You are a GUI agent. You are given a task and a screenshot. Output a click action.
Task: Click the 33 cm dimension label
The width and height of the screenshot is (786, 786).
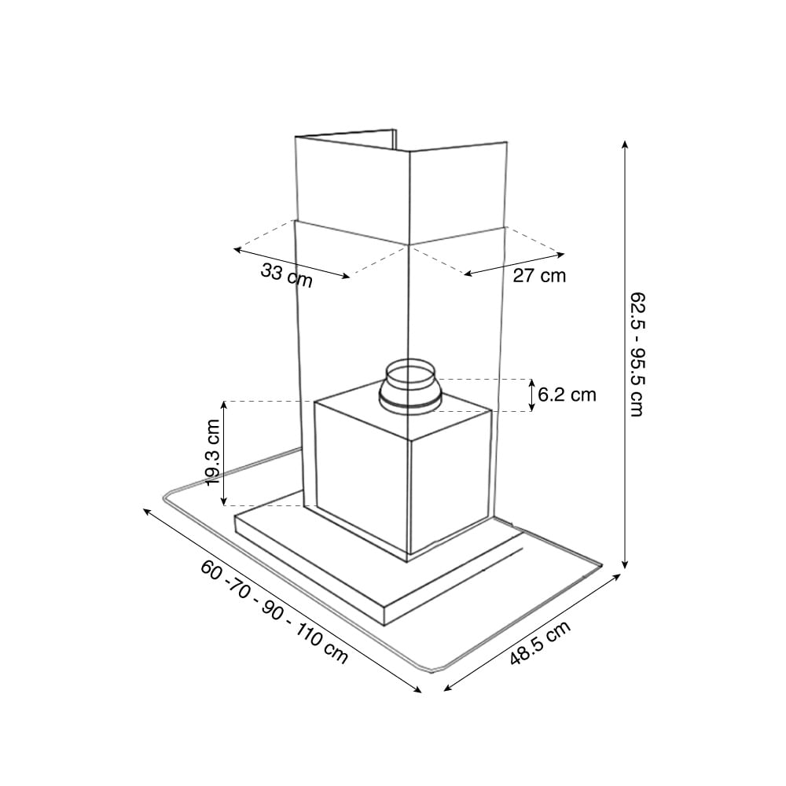pos(287,276)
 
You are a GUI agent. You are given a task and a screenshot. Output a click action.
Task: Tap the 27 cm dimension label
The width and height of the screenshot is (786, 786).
pos(539,276)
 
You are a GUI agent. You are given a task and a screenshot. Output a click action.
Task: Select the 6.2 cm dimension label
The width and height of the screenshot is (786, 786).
pos(567,395)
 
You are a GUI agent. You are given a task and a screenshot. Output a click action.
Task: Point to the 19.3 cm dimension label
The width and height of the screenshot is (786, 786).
pos(213,452)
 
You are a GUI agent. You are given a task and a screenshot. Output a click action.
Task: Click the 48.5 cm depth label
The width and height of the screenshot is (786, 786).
pos(541,643)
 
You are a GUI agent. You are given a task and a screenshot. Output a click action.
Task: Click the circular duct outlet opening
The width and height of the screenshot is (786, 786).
pos(410,374)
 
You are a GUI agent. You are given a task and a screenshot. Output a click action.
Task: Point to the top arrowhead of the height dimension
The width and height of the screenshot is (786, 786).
pos(625,145)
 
